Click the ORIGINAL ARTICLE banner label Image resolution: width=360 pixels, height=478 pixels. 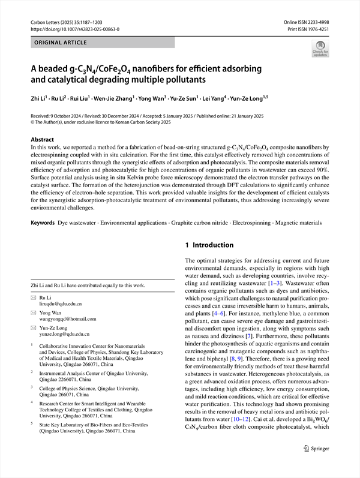click(x=61, y=43)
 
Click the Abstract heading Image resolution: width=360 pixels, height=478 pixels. click(x=43, y=139)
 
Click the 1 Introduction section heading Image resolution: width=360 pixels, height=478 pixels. click(x=209, y=245)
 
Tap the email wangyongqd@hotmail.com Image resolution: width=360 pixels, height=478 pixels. click(x=67, y=318)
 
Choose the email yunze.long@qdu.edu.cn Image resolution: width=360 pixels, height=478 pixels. click(x=65, y=333)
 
